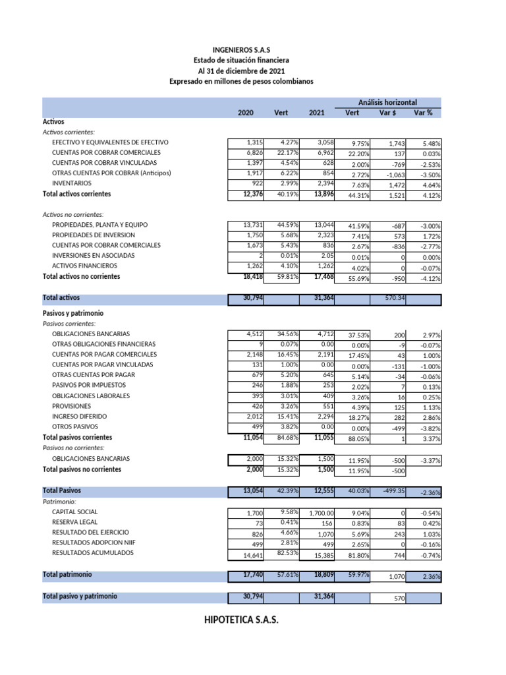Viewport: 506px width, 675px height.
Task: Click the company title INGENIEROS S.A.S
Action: (x=241, y=49)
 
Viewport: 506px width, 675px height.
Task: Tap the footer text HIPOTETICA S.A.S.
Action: (x=241, y=621)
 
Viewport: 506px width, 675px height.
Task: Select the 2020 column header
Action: (x=245, y=113)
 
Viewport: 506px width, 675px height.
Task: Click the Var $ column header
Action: (x=388, y=113)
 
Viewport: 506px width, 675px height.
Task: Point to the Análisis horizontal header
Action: (x=387, y=102)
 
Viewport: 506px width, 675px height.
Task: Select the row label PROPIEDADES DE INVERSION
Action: (x=94, y=235)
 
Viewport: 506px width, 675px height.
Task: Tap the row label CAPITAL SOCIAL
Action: (x=74, y=512)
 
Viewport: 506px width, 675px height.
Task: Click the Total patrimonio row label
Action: (x=67, y=575)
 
